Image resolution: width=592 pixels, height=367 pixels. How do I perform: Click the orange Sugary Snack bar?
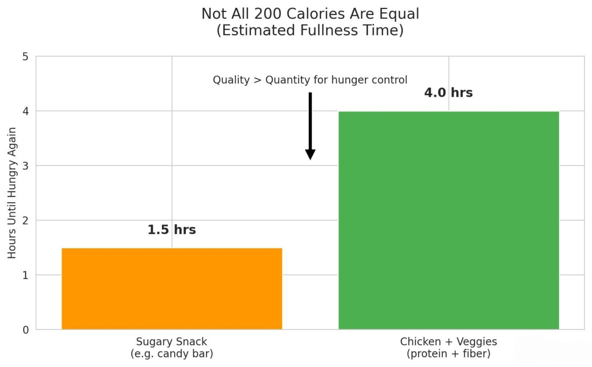click(172, 289)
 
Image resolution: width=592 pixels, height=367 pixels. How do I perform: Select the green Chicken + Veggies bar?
click(448, 220)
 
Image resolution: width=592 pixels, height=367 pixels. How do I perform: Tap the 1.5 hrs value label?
click(172, 230)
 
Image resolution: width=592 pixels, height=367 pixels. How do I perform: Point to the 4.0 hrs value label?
click(448, 93)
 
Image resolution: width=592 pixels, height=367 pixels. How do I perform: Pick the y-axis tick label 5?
click(25, 57)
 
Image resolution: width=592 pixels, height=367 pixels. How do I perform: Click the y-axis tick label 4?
click(25, 111)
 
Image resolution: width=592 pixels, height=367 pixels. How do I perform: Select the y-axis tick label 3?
click(25, 166)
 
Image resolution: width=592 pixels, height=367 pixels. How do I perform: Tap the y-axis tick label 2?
click(25, 220)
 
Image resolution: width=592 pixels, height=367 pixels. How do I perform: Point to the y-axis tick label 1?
click(25, 275)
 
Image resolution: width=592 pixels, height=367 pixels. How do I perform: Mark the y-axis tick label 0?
click(25, 330)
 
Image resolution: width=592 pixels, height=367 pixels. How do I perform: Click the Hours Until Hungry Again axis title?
click(12, 193)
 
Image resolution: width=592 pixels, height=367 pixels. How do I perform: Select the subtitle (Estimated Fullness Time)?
click(310, 31)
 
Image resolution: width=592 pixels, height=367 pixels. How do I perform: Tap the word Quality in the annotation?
click(231, 80)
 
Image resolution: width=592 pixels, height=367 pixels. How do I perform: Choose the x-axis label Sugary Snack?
click(172, 342)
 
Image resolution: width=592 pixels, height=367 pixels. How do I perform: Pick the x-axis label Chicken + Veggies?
click(448, 342)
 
